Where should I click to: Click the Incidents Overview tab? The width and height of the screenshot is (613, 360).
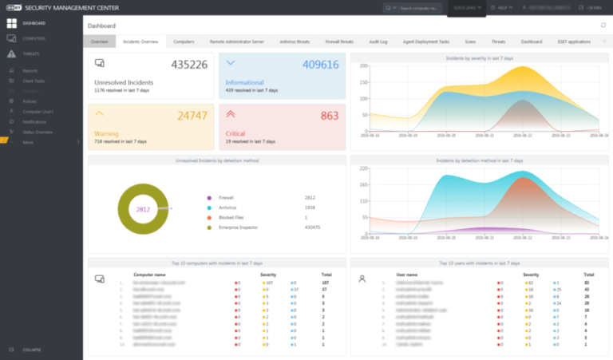point(140,41)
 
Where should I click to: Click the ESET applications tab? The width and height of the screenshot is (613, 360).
point(574,41)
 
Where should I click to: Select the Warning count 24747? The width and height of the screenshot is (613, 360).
point(191,116)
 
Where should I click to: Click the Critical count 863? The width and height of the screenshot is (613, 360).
point(330,116)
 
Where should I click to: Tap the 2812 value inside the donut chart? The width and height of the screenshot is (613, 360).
point(143,209)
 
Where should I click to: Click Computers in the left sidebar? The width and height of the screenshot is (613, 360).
point(34,38)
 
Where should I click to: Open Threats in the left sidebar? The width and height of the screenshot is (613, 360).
point(32,53)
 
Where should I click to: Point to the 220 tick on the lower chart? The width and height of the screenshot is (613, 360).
point(362,169)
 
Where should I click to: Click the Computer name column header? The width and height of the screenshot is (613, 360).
point(149,274)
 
